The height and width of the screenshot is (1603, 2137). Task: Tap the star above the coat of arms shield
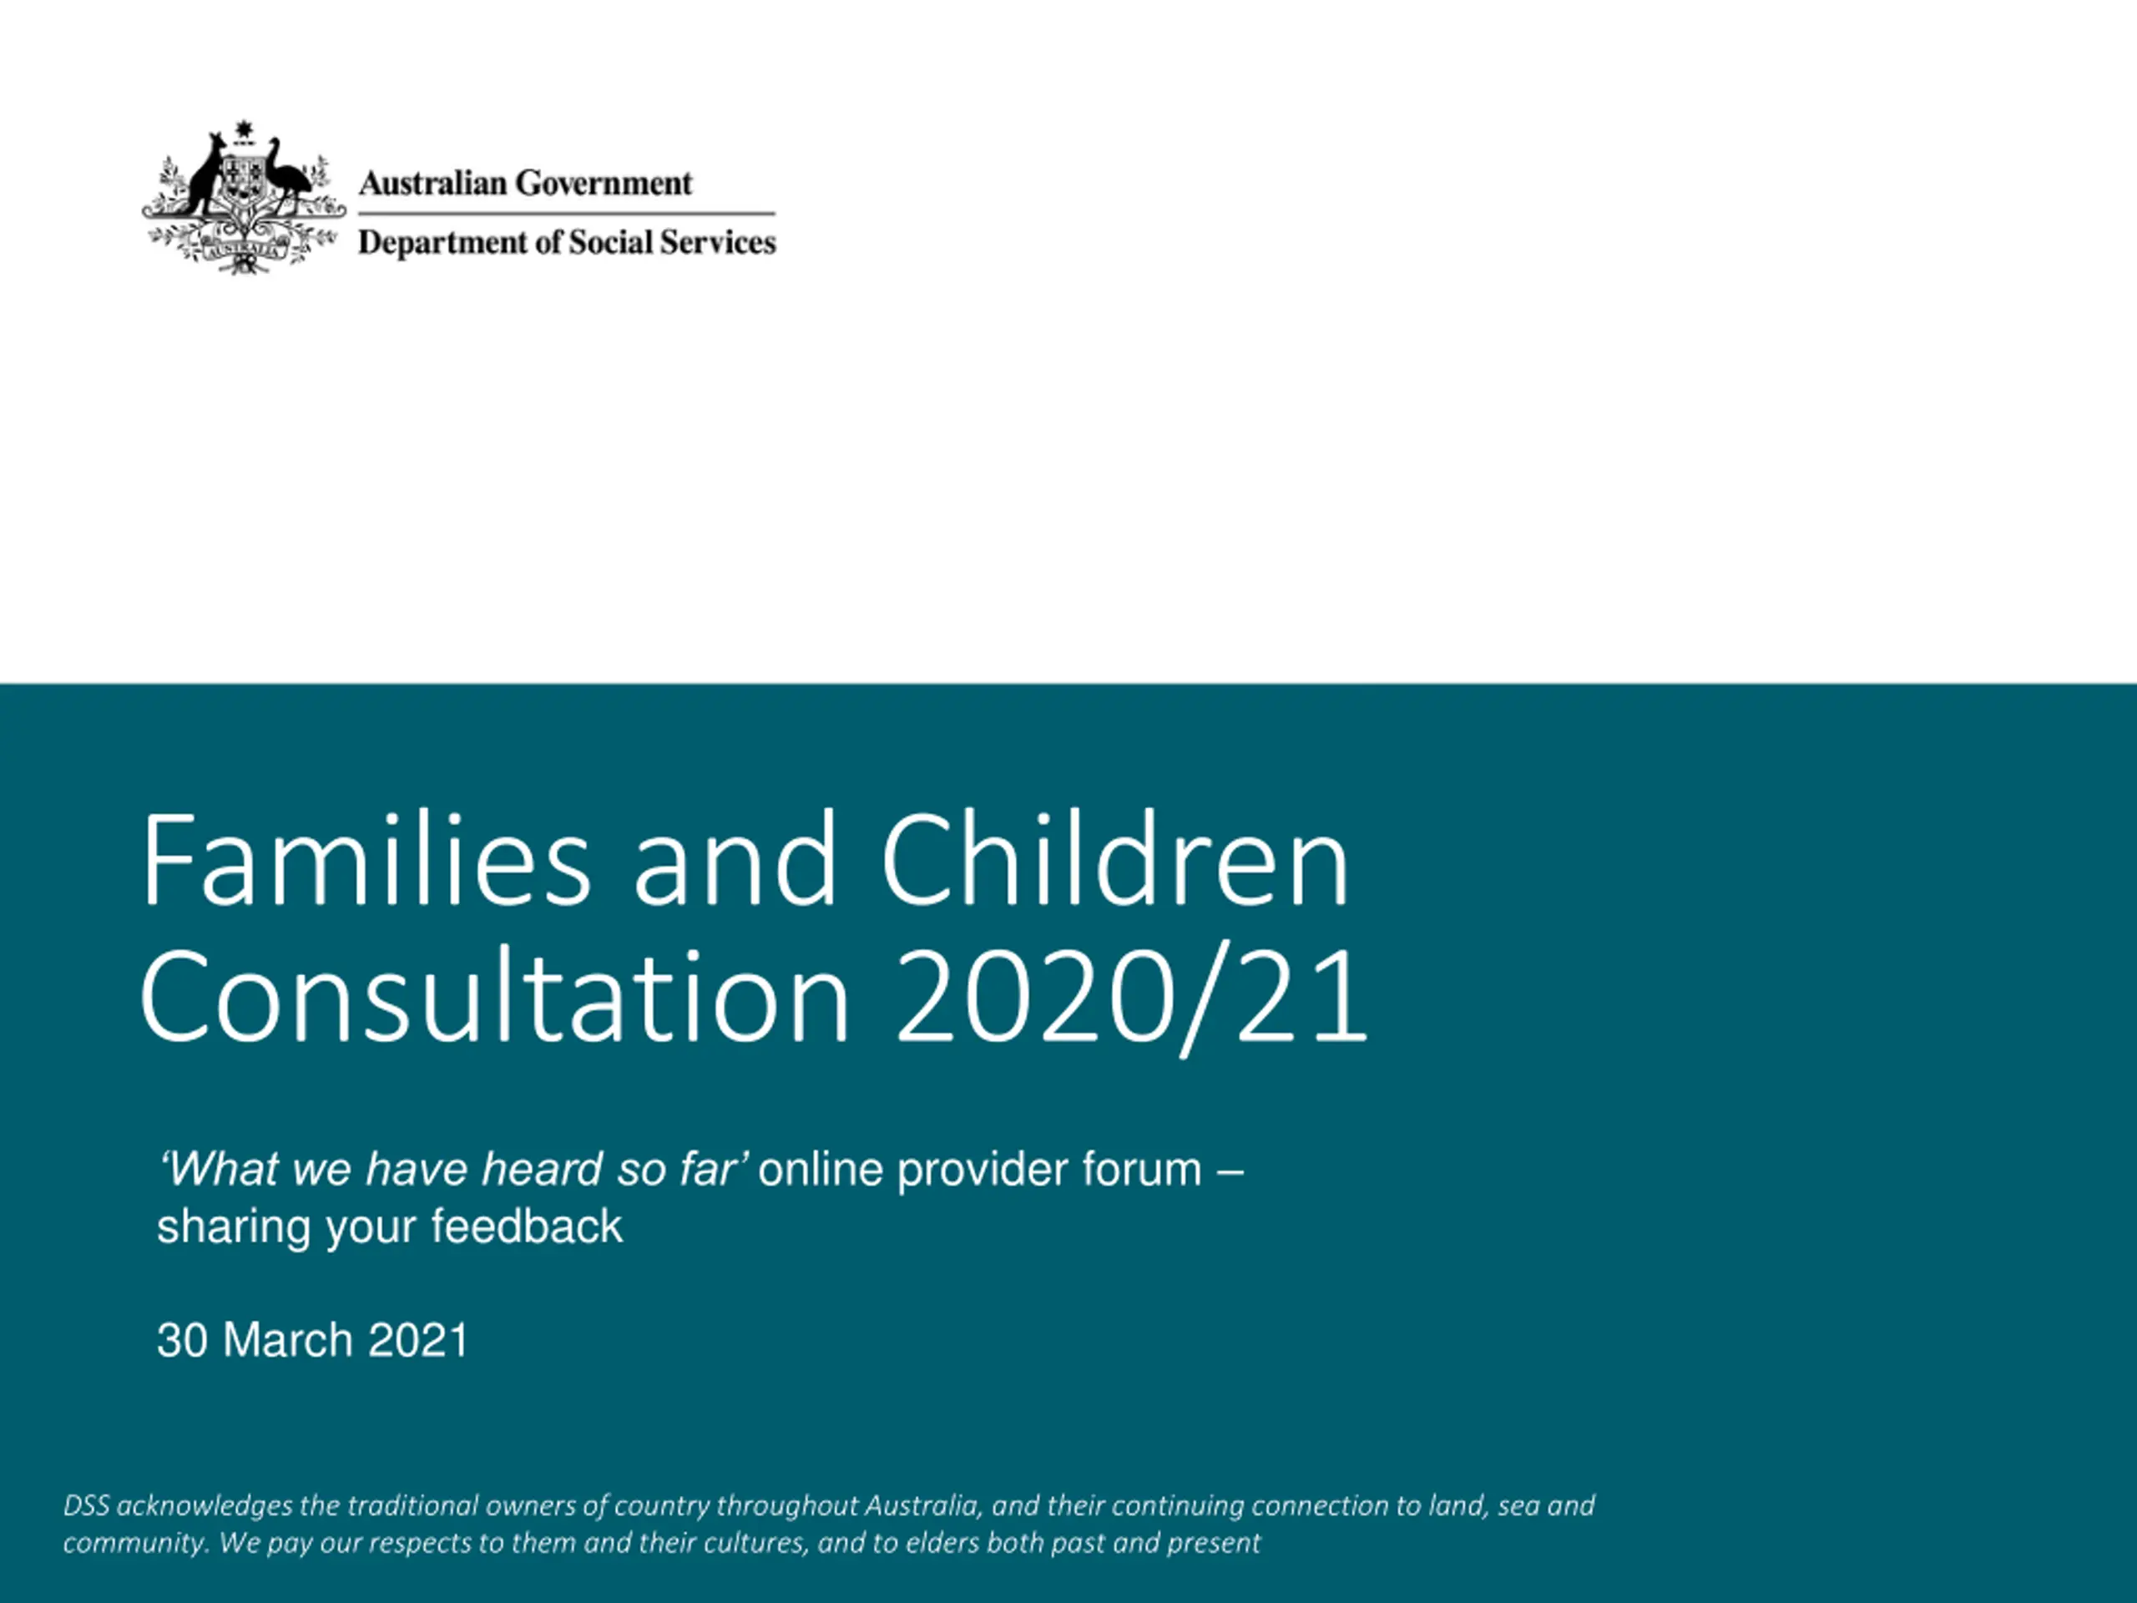(244, 130)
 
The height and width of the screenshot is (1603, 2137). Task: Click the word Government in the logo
(604, 183)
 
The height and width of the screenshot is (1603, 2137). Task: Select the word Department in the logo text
(442, 242)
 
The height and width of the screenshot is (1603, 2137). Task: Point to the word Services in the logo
(718, 241)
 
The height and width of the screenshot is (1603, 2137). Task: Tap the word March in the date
(288, 1340)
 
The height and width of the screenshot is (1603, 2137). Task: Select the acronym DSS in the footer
(86, 1505)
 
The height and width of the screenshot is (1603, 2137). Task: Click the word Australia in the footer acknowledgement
(922, 1505)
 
